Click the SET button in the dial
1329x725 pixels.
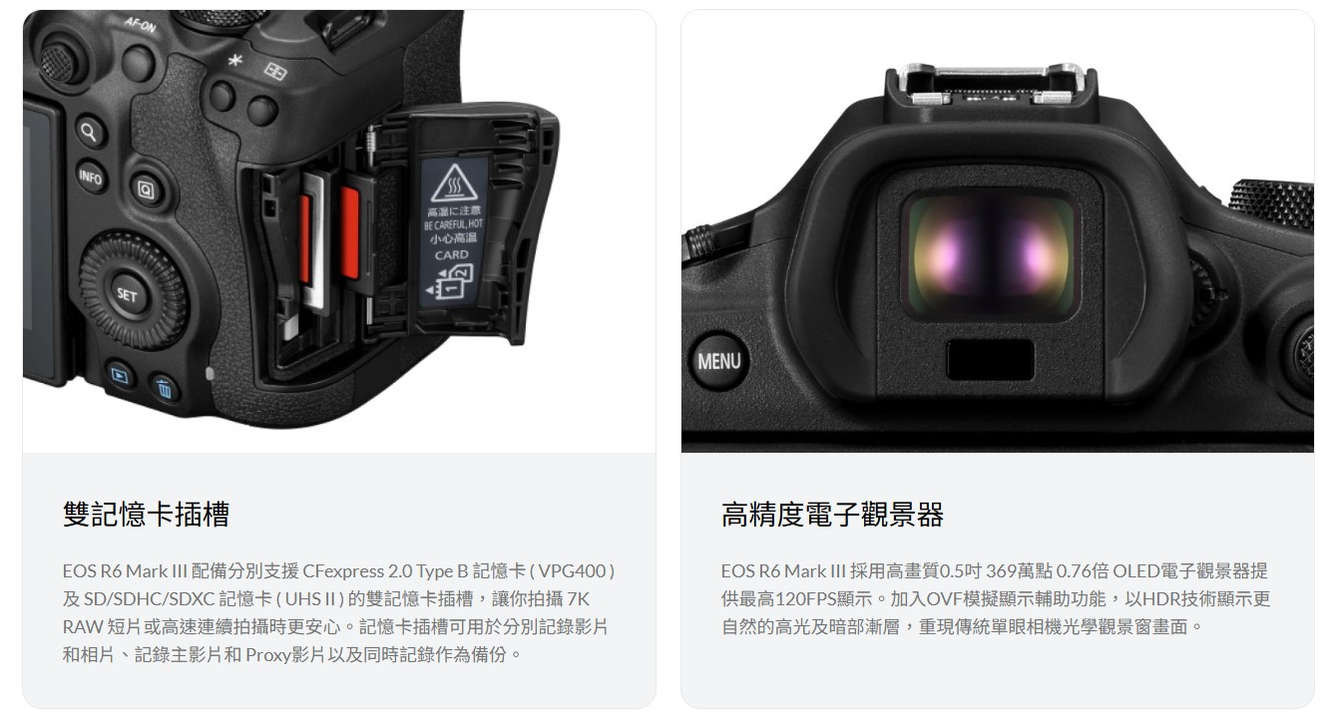click(x=127, y=294)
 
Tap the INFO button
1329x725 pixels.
click(x=92, y=177)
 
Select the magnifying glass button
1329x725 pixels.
click(x=90, y=132)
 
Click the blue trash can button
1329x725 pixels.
click(x=165, y=390)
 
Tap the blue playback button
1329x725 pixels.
click(x=121, y=376)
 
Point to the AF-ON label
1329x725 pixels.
click(x=140, y=24)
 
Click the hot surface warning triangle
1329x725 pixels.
click(x=454, y=182)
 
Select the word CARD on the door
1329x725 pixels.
click(x=452, y=255)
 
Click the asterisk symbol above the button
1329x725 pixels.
click(x=235, y=60)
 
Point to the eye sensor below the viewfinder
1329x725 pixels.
click(x=990, y=359)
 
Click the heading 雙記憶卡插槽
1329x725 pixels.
click(x=146, y=514)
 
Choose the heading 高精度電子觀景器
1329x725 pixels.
click(x=832, y=514)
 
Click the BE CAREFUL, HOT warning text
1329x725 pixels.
click(x=453, y=224)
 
